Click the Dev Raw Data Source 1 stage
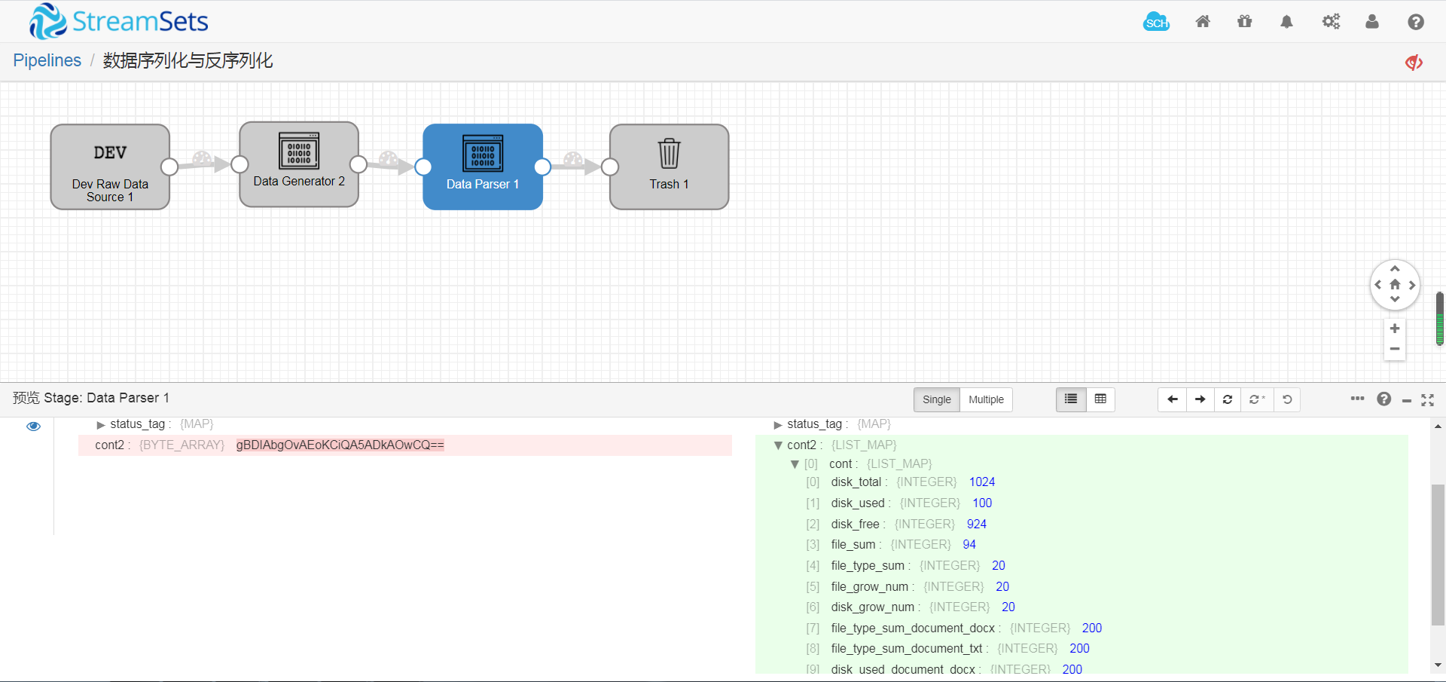pos(110,167)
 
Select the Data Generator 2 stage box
pos(299,164)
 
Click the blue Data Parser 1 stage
pos(483,167)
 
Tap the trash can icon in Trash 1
pos(669,154)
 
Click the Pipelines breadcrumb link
pos(47,60)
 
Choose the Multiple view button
pos(986,399)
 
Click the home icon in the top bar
pos(1203,22)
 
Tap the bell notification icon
pos(1286,22)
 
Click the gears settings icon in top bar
pos(1331,22)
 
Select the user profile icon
pos(1372,22)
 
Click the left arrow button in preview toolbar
pos(1172,399)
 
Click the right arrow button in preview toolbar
pos(1200,399)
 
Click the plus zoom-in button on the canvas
pos(1395,329)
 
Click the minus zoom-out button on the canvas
pos(1395,349)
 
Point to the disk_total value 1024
pos(982,482)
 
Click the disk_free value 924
pos(977,524)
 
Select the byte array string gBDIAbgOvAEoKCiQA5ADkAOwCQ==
pos(340,445)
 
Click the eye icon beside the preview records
pos(33,427)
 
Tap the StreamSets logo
pos(119,21)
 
